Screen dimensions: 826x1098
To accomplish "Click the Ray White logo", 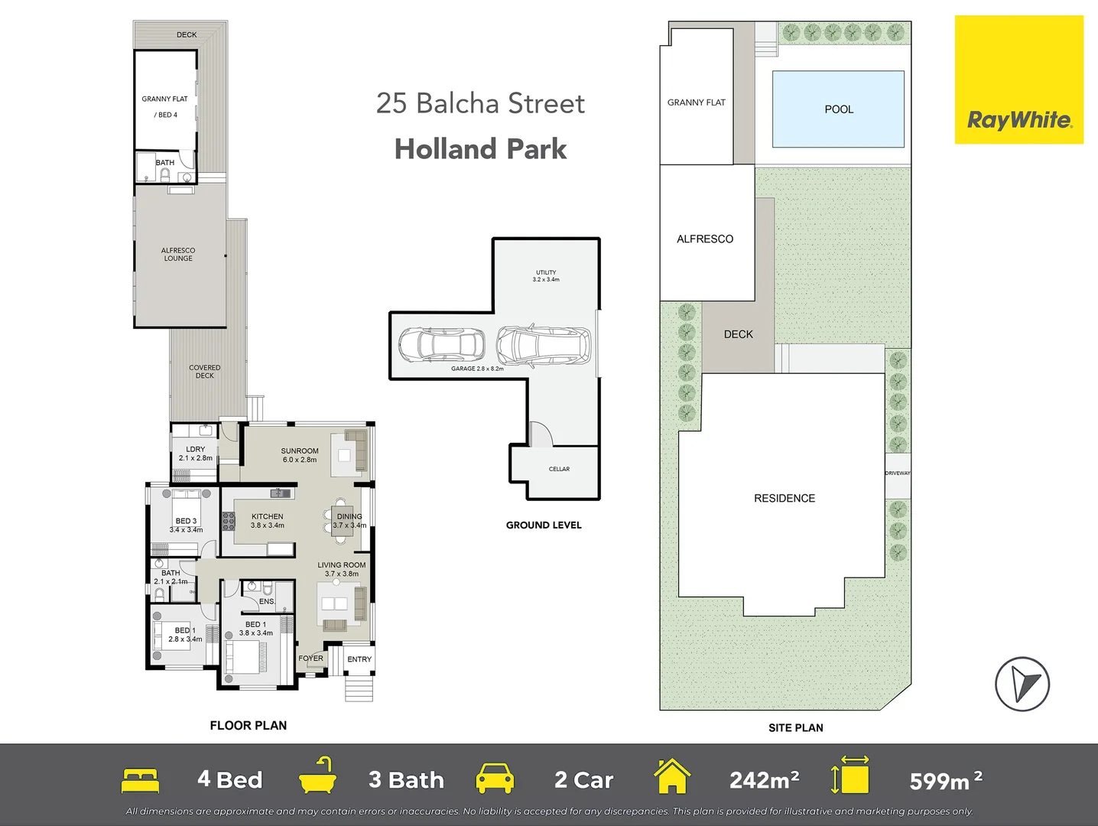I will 1018,120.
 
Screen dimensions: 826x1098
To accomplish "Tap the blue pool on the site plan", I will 838,109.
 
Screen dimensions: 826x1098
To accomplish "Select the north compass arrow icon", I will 1022,684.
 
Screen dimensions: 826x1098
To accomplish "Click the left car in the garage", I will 441,346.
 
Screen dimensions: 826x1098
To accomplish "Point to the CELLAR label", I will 559,469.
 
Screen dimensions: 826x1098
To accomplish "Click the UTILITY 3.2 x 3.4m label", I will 546,276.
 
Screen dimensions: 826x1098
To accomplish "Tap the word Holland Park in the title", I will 480,149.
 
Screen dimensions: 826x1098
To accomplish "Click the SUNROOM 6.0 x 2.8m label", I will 299,455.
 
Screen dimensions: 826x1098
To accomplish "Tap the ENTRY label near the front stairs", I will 359,659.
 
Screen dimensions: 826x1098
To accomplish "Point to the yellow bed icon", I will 141,780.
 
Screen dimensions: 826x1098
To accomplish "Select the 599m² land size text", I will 945,781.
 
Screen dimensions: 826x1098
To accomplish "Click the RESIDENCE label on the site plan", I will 784,498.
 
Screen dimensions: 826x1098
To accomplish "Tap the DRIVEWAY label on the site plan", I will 898,473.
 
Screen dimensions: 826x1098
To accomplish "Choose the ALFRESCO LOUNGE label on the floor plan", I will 178,255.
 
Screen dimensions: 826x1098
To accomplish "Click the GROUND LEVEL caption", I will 544,525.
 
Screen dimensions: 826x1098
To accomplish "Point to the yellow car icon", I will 494,779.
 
